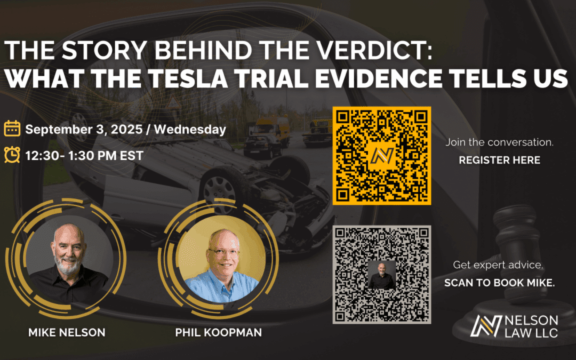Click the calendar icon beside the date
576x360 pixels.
12,129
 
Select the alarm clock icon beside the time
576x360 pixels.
12,155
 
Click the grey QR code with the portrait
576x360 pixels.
381,274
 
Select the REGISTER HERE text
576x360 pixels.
499,160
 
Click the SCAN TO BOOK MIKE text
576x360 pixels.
499,283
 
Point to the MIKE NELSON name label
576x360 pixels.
67,332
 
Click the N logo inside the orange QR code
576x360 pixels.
381,155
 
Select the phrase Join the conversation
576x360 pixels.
499,143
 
